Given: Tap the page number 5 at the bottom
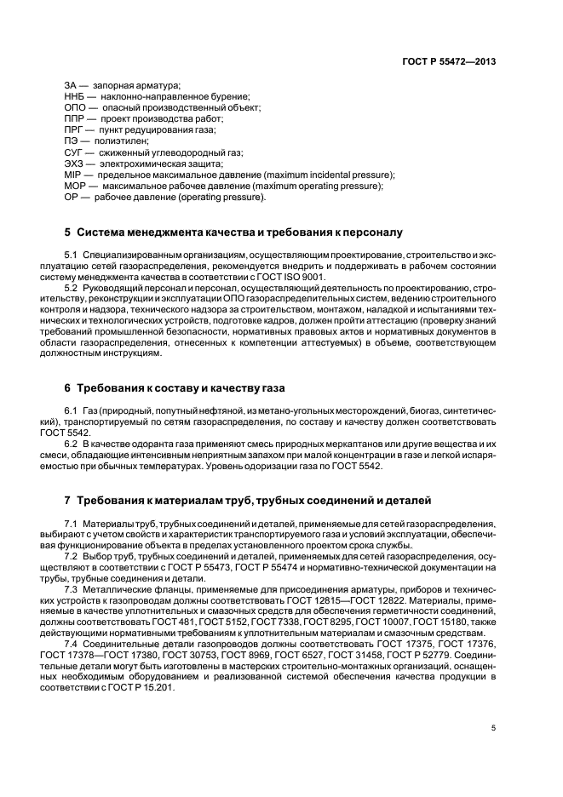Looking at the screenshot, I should click(x=494, y=727).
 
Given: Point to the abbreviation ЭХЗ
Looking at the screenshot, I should click(x=74, y=163).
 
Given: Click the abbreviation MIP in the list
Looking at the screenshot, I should click(x=72, y=175).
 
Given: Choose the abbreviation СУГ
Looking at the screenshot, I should click(x=74, y=152).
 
